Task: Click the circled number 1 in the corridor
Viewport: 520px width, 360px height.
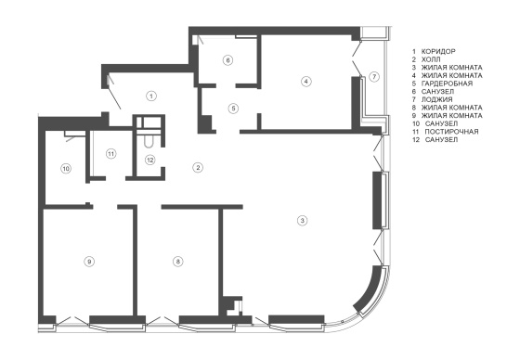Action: coord(151,96)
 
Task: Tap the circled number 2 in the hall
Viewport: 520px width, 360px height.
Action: coord(198,167)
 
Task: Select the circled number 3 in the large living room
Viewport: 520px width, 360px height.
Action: coord(302,220)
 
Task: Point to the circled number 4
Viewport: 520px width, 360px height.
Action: coord(306,82)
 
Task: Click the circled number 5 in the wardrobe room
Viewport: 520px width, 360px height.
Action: coord(233,108)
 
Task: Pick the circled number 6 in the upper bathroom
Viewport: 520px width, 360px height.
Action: coord(227,60)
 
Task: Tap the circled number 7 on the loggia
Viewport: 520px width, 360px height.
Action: coord(374,77)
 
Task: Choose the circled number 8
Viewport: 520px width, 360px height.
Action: coord(178,262)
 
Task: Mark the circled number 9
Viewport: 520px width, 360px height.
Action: coord(89,262)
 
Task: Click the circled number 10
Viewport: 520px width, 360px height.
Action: coord(66,169)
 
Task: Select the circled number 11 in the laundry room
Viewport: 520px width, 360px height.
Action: coord(111,154)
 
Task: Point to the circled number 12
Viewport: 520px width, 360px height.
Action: coord(149,161)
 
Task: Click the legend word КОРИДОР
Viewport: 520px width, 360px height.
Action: coord(438,51)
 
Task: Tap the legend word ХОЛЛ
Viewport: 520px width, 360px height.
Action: coord(431,59)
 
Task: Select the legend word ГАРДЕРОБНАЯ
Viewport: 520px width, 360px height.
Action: coord(447,84)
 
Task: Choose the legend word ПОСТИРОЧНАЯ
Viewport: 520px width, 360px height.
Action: coord(451,132)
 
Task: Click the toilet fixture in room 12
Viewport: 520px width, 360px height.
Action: coord(149,142)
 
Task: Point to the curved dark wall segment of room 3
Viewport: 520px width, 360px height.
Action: coord(370,290)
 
